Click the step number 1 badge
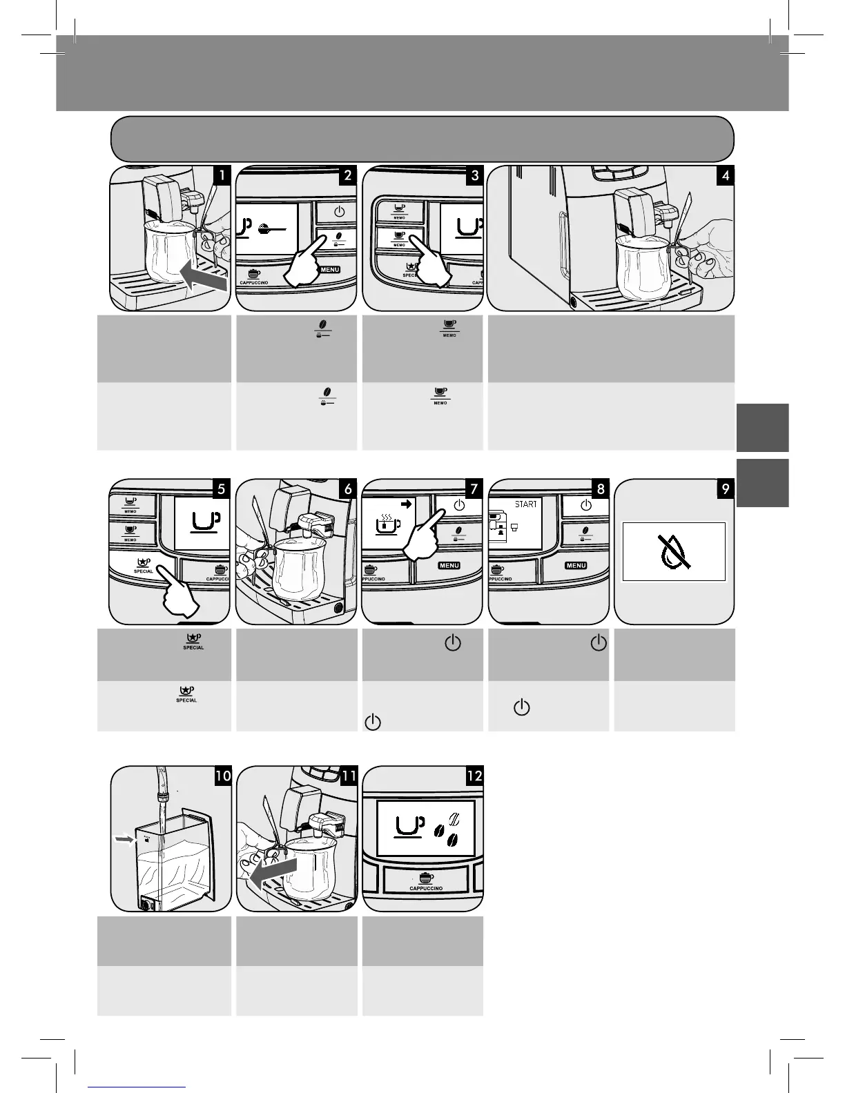[221, 175]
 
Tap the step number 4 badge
[725, 175]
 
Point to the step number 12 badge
[474, 775]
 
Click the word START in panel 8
[525, 504]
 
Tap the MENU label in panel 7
[449, 565]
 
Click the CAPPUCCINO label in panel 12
[426, 888]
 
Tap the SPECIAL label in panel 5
[144, 571]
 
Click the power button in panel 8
[585, 505]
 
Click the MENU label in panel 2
[329, 269]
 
